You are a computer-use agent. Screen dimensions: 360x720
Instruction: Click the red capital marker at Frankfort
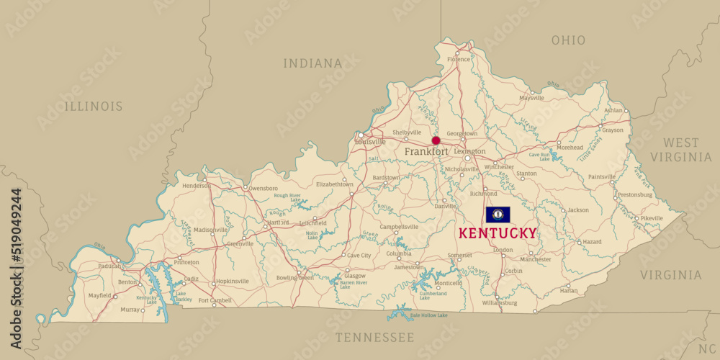436,140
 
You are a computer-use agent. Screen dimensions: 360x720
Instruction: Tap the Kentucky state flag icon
498,215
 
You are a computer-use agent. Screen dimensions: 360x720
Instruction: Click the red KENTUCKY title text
498,233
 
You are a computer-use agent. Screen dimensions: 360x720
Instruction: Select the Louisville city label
370,142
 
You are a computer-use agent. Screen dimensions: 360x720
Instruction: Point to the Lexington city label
469,152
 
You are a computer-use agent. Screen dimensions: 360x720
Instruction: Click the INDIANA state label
312,63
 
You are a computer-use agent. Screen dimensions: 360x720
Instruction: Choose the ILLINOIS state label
94,107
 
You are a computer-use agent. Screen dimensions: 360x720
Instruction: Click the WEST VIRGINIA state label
680,150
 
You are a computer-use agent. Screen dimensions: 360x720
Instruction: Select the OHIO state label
568,40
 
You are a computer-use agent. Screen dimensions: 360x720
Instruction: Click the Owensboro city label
263,189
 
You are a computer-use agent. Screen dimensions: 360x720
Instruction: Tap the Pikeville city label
652,218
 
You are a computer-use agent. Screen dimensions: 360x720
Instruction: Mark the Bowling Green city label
294,277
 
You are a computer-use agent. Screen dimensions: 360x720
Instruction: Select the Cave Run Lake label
540,156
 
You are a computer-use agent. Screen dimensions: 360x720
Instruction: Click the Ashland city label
613,110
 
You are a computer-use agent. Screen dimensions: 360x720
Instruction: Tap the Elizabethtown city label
334,184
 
